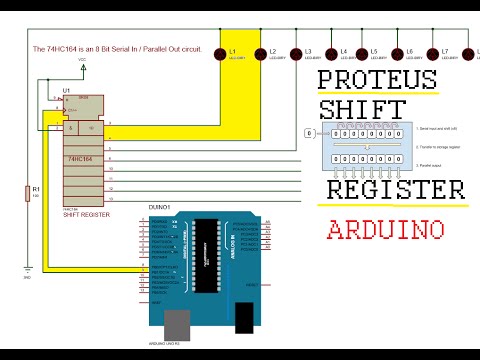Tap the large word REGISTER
(x=395, y=190)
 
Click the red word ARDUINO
(x=385, y=229)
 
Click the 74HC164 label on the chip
(x=81, y=159)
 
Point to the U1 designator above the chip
(x=66, y=91)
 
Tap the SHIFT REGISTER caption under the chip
(x=86, y=214)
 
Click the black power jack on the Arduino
(x=244, y=319)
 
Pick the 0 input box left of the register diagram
(x=309, y=132)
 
